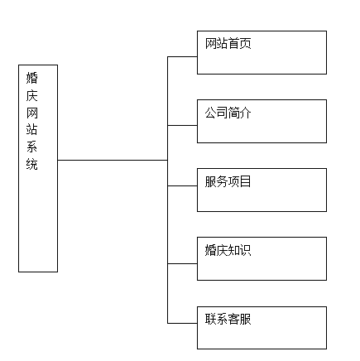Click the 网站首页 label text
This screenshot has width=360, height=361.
228,44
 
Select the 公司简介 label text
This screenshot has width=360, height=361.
228,113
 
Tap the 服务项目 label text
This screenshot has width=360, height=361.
228,181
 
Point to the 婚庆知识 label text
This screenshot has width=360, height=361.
228,250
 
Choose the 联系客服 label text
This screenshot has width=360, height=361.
228,319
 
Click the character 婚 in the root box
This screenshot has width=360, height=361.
32,78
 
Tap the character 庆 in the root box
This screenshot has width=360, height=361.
32,95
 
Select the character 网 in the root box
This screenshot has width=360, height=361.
32,113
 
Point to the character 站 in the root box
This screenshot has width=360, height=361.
32,130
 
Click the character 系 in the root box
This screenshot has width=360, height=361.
32,147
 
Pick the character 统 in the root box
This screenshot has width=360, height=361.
32,164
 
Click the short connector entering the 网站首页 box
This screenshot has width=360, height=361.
182,57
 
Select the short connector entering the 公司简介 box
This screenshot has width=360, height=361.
182,126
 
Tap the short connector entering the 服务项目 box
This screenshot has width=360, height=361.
182,185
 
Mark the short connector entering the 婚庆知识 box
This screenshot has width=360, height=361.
182,263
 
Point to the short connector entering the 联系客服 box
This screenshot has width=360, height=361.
182,323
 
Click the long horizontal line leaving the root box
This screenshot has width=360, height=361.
113,160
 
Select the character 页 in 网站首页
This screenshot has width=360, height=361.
245,44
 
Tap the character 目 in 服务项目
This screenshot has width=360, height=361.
245,181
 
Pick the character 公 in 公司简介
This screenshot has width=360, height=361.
210,113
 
